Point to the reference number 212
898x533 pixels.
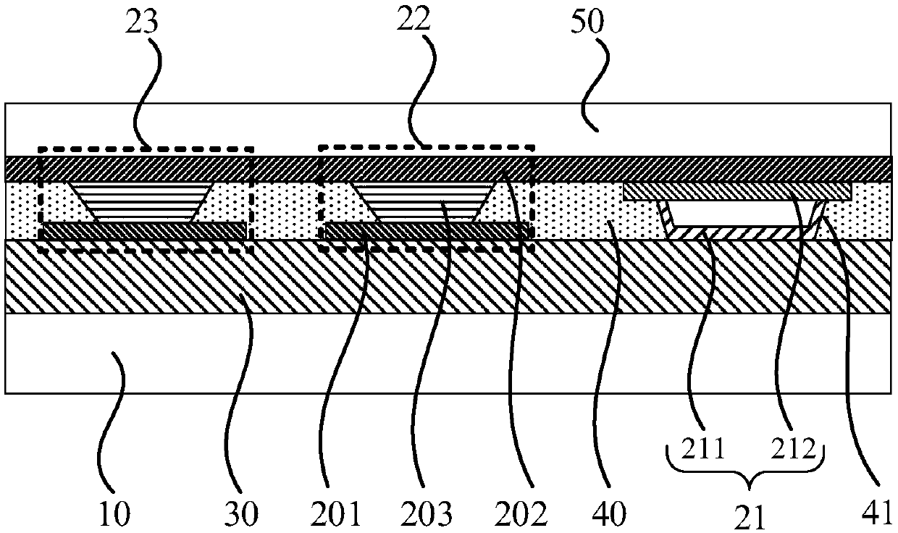pos(797,453)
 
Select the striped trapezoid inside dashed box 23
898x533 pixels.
pos(141,202)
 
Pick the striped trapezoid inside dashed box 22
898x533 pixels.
pos(424,202)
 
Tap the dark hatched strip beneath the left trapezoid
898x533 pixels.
pos(143,230)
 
